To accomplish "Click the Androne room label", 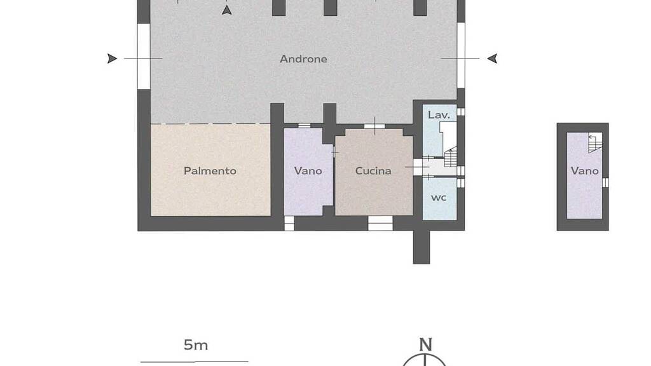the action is [x=303, y=59].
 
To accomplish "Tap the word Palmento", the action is [x=210, y=170].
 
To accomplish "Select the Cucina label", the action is [x=373, y=170].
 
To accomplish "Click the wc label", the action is [x=439, y=198].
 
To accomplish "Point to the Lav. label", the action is [x=439, y=115].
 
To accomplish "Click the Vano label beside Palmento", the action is [x=308, y=170].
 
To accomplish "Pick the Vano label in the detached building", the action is [x=585, y=170].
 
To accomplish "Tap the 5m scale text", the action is [x=196, y=345].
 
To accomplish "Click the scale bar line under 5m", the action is [x=195, y=362].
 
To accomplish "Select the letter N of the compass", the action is [x=425, y=344].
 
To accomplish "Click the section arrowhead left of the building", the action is [x=112, y=58].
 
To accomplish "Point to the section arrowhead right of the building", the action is [x=493, y=58].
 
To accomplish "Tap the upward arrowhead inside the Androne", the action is [x=227, y=10].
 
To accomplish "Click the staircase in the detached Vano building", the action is [x=595, y=143].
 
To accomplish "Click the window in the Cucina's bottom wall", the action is [x=380, y=223].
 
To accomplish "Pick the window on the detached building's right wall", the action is [x=605, y=182].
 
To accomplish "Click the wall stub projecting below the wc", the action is [x=421, y=247].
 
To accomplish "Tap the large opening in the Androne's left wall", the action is [x=144, y=56].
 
